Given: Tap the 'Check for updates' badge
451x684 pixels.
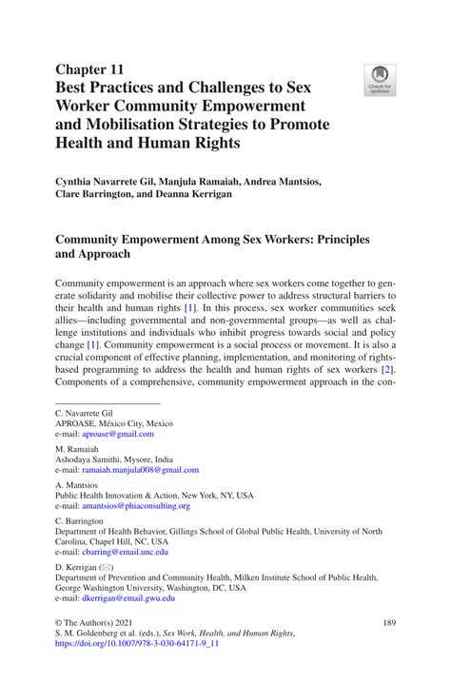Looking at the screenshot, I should click(x=380, y=80).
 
